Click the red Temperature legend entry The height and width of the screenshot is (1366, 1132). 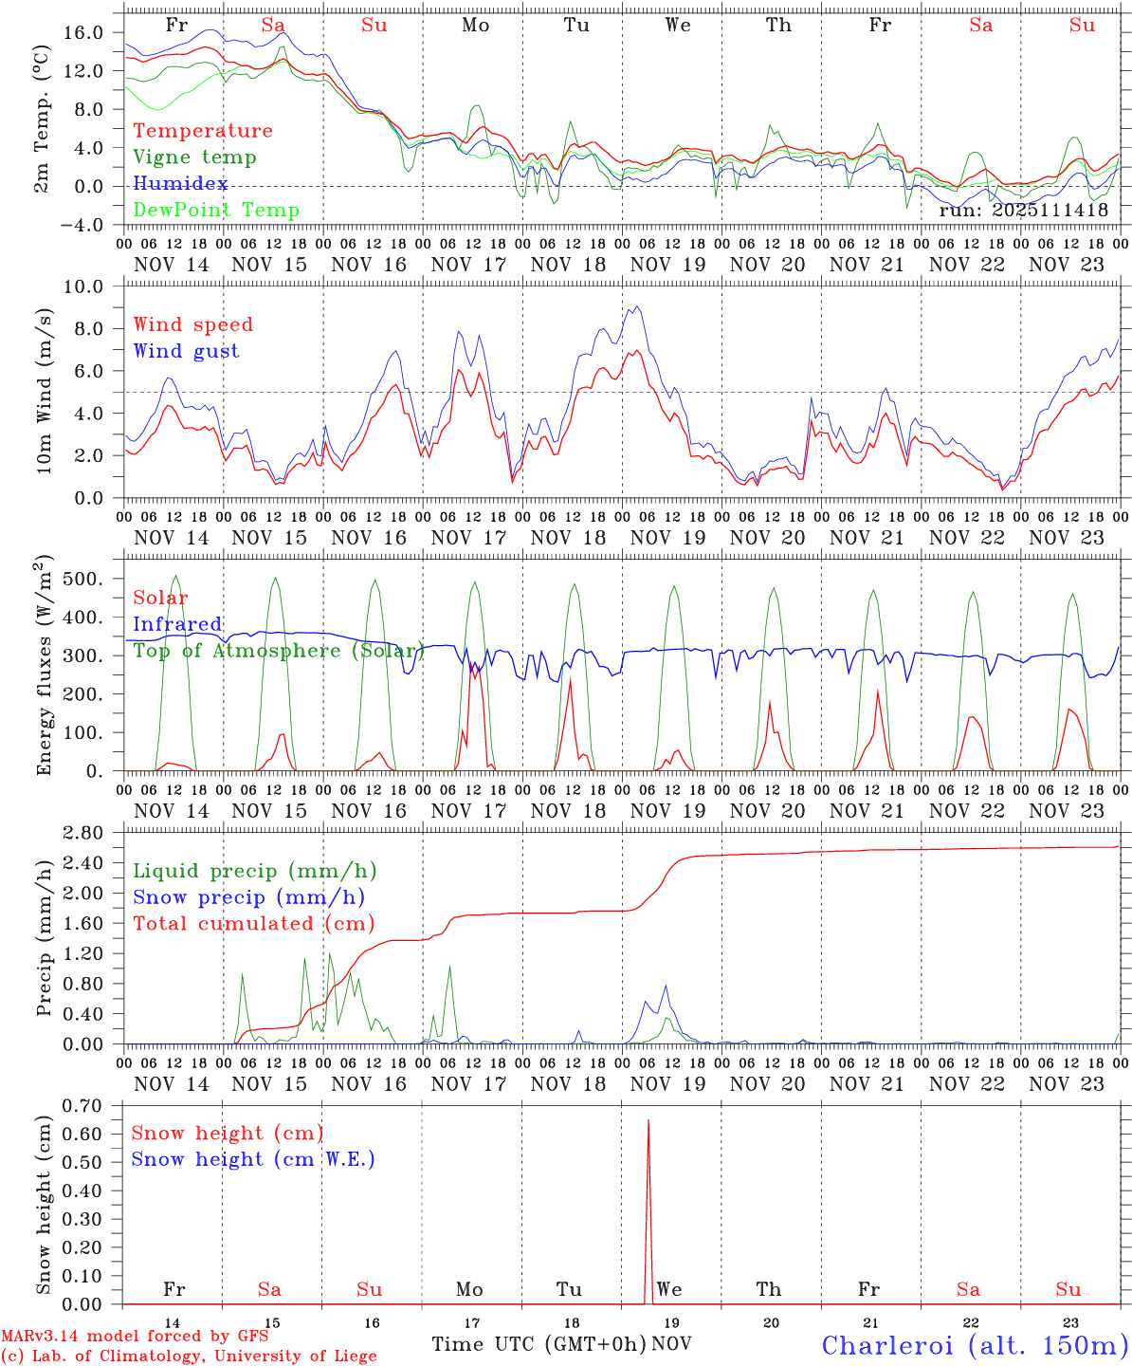pyautogui.click(x=203, y=131)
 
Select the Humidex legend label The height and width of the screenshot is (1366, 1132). pyautogui.click(x=180, y=184)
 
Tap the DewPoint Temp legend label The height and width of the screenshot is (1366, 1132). pyautogui.click(x=216, y=211)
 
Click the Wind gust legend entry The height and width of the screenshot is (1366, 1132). pyautogui.click(x=186, y=351)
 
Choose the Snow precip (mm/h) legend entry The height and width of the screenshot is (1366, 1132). pyautogui.click(x=248, y=897)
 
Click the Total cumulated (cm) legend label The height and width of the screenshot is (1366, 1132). pyautogui.click(x=254, y=924)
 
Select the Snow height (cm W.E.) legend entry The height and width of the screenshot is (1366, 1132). pyautogui.click(x=253, y=1159)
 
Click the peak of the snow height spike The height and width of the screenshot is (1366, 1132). pyautogui.click(x=648, y=1121)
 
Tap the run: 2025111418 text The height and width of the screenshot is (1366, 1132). pyautogui.click(x=1024, y=211)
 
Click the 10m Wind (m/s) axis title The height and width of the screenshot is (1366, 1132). pyautogui.click(x=45, y=392)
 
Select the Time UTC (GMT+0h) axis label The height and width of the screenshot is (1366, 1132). pyautogui.click(x=539, y=1344)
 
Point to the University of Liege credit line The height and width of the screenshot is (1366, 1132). pyautogui.click(x=189, y=1357)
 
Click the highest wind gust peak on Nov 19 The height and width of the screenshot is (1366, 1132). pyautogui.click(x=637, y=306)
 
